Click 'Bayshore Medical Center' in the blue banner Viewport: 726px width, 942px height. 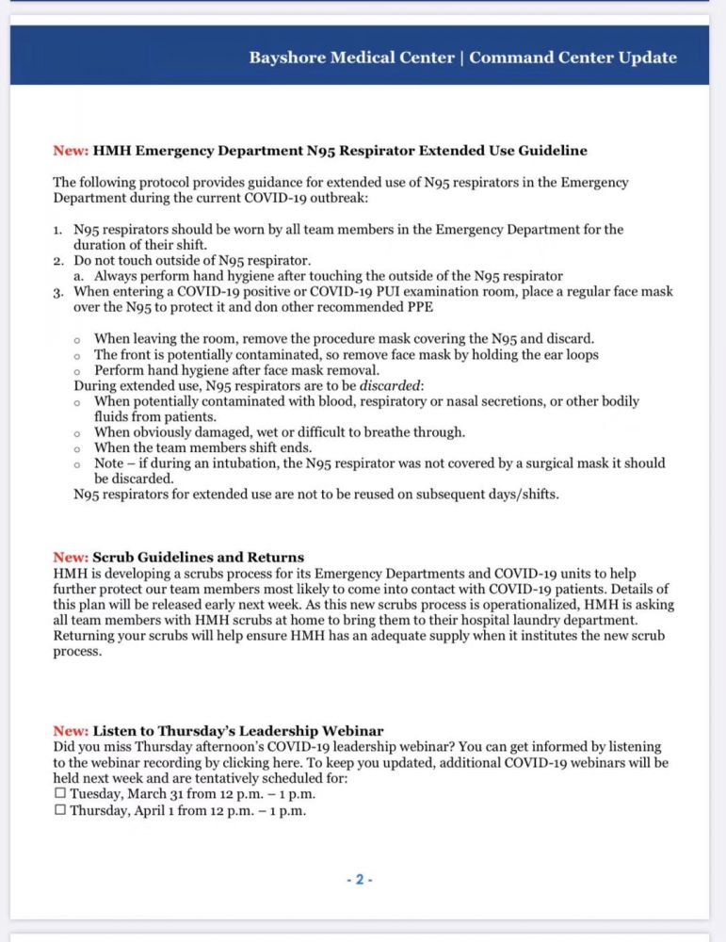click(x=351, y=57)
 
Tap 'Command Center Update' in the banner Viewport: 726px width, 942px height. click(x=573, y=57)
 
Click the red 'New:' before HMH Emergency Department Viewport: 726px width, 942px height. click(x=71, y=151)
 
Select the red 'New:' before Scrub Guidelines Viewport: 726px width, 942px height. click(x=71, y=558)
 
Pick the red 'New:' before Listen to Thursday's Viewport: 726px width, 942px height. click(x=71, y=731)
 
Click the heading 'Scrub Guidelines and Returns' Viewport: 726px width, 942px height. click(x=198, y=558)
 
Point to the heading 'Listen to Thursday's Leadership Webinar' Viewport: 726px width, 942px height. click(x=237, y=731)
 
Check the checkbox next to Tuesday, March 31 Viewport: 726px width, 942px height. click(x=60, y=794)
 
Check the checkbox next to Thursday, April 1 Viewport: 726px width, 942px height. click(x=60, y=810)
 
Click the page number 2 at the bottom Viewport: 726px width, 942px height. click(x=359, y=880)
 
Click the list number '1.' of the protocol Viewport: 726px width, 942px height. click(x=57, y=230)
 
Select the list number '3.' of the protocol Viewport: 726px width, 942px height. click(x=57, y=292)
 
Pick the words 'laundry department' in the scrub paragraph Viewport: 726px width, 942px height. click(x=569, y=621)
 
